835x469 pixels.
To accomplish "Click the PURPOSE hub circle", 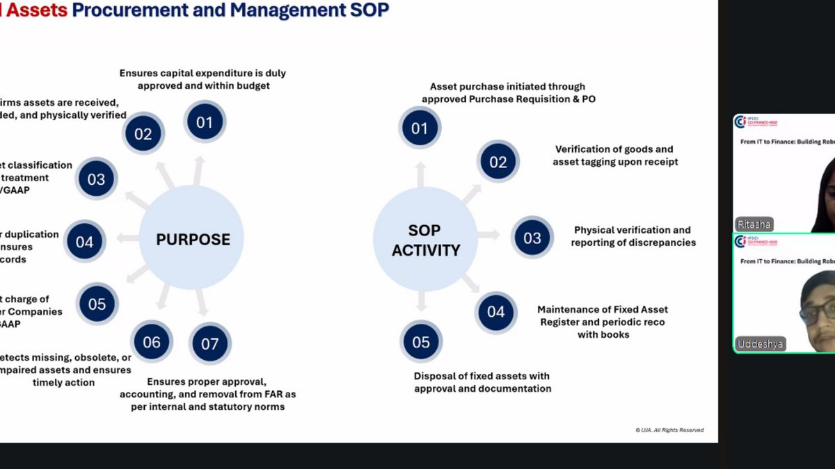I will pyautogui.click(x=192, y=239).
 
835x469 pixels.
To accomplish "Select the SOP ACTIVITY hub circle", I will pyautogui.click(x=425, y=240).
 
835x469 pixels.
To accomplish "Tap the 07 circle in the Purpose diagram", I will pyautogui.click(x=209, y=343).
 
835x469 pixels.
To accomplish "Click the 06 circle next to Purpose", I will pyautogui.click(x=152, y=341).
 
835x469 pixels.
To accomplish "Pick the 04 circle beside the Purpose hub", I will pyautogui.click(x=85, y=242).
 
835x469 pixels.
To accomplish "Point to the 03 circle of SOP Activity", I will pyautogui.click(x=532, y=238).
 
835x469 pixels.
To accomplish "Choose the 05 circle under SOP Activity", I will pyautogui.click(x=421, y=342).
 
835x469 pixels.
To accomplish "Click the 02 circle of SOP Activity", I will pyautogui.click(x=498, y=162).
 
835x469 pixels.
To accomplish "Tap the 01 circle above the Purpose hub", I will pyautogui.click(x=205, y=122).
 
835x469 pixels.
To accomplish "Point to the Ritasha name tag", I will pyautogui.click(x=754, y=224).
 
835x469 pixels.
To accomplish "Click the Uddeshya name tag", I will pyautogui.click(x=760, y=344).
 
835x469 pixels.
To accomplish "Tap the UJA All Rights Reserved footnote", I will pyautogui.click(x=669, y=430).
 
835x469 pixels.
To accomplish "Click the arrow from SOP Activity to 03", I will pyautogui.click(x=488, y=235).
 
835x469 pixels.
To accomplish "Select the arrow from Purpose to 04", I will pyautogui.click(x=129, y=238).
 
